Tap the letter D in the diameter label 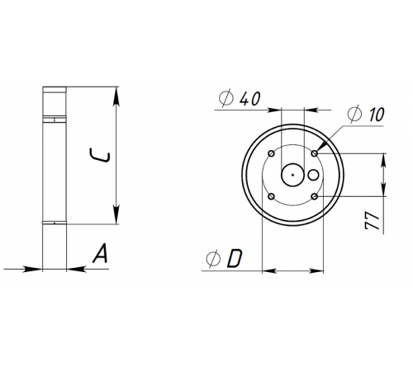(234, 259)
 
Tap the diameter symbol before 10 (353, 114)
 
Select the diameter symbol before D (213, 259)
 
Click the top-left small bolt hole (272, 153)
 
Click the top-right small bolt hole (316, 153)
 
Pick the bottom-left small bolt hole (272, 196)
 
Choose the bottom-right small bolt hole (316, 196)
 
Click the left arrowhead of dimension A (37, 267)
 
